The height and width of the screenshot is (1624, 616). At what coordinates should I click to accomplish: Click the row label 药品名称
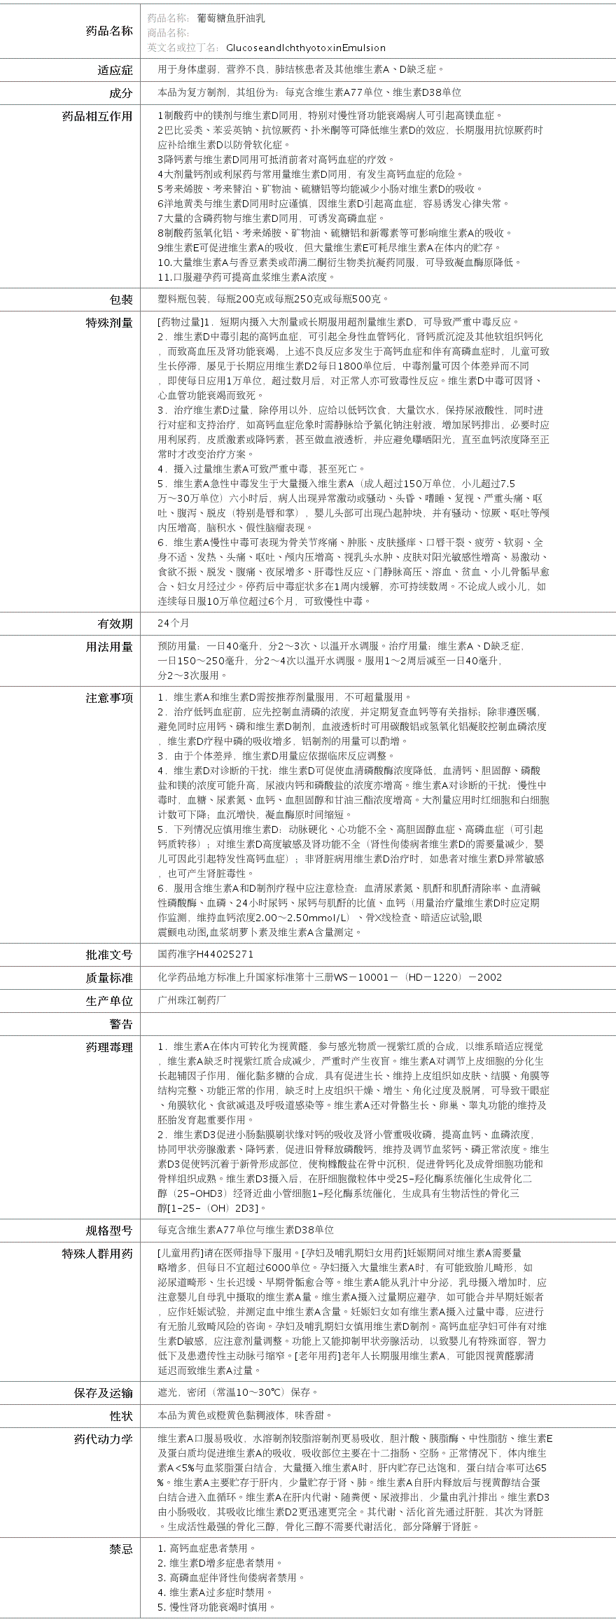coord(108,31)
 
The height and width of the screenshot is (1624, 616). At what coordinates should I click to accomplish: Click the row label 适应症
coord(115,70)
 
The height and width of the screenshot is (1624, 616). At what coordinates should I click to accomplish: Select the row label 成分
coord(120,93)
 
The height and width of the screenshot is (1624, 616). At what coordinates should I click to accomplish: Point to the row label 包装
coord(120,300)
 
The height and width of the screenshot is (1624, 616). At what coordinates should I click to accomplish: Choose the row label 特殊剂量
coord(108,323)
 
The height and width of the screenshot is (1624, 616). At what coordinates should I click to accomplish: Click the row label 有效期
coord(115,624)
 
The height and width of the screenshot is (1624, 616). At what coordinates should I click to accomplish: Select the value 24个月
coord(174,623)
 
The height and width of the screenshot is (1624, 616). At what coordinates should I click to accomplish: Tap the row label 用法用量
coord(108,647)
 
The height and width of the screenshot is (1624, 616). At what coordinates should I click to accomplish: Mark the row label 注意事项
coord(108,698)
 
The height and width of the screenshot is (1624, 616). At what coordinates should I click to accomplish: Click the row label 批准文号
coord(108,955)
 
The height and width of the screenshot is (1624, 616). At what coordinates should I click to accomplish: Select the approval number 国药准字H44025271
coord(206,954)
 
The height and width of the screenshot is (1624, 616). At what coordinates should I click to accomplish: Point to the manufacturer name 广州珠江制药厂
coord(192,1000)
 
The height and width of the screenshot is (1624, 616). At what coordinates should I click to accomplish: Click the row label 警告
coord(120,1025)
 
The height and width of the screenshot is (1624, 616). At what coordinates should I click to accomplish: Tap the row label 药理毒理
coord(108,1048)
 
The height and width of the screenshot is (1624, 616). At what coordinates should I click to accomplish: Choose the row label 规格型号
coord(108,1231)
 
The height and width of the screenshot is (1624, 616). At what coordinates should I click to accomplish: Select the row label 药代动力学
coord(103,1439)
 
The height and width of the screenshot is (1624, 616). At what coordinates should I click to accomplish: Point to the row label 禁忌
coord(120,1549)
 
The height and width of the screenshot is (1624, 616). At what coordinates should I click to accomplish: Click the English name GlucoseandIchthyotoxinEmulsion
coord(305,48)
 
